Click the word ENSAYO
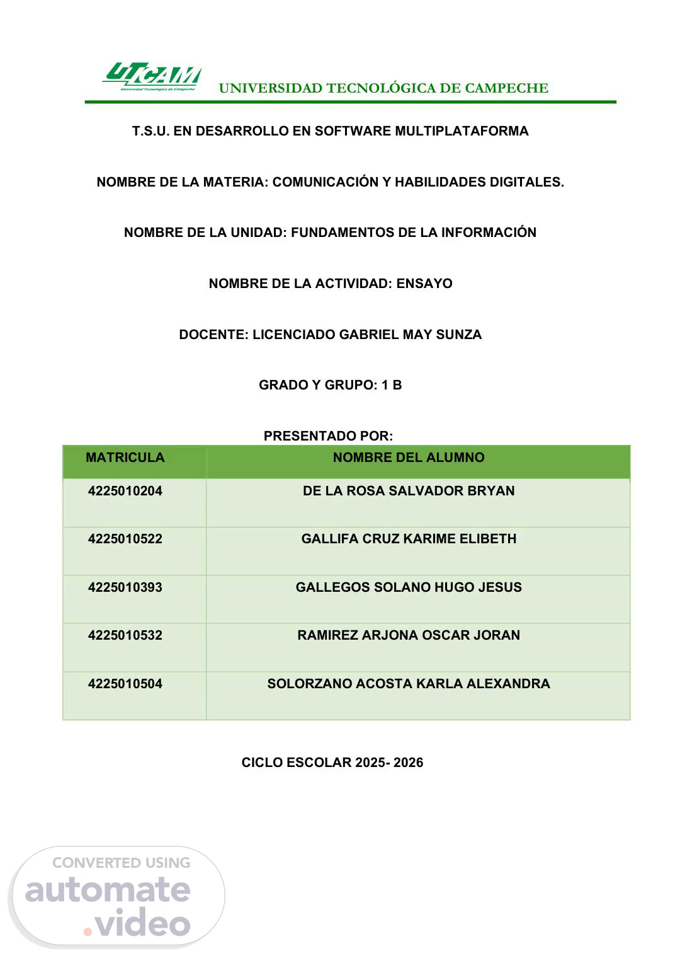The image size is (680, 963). pyautogui.click(x=424, y=284)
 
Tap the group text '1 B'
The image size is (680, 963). pyautogui.click(x=392, y=385)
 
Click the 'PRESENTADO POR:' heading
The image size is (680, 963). pyautogui.click(x=328, y=436)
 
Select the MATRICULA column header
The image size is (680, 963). pyautogui.click(x=125, y=458)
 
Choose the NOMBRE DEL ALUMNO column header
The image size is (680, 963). pyautogui.click(x=409, y=458)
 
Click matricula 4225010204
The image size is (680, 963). pyautogui.click(x=125, y=491)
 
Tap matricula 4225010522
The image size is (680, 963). pyautogui.click(x=125, y=539)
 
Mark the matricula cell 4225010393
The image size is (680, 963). pyautogui.click(x=125, y=587)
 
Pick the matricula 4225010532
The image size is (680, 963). pyautogui.click(x=125, y=635)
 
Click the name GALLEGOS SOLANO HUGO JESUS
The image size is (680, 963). pyautogui.click(x=409, y=587)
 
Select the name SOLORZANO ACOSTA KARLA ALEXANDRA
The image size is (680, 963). pyautogui.click(x=409, y=684)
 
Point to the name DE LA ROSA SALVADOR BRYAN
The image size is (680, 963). pyautogui.click(x=409, y=491)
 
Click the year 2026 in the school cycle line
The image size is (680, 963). pyautogui.click(x=409, y=763)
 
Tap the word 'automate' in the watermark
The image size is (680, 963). pyautogui.click(x=108, y=890)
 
